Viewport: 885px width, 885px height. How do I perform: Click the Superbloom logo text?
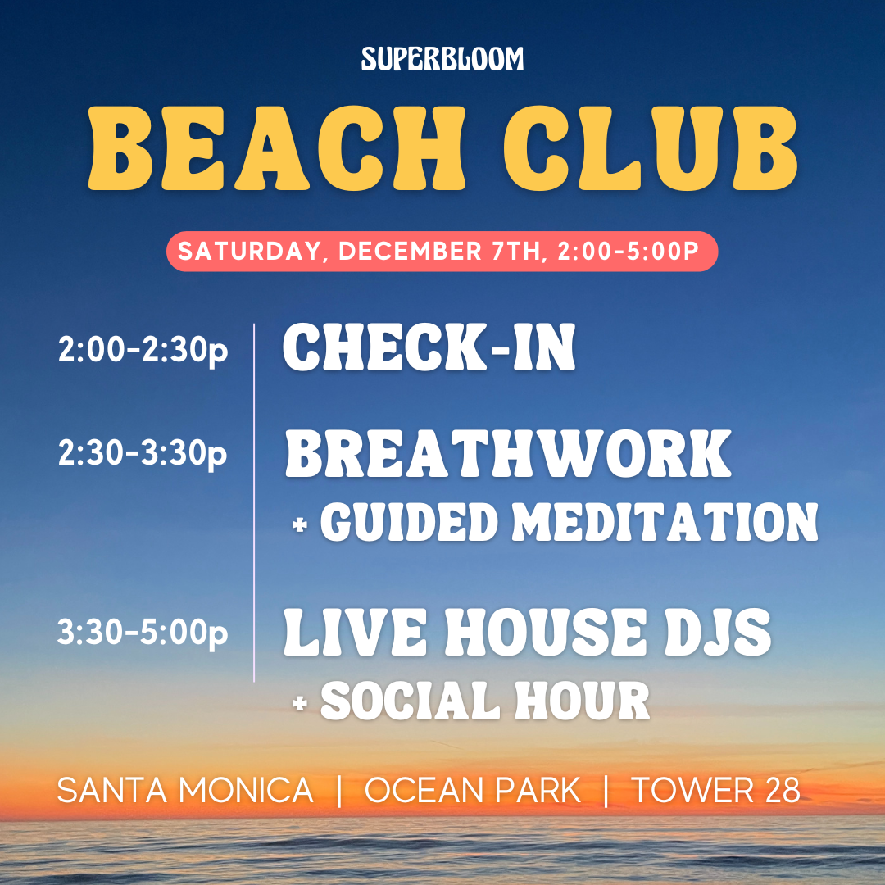pyautogui.click(x=442, y=59)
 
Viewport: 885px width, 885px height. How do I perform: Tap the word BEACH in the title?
pyautogui.click(x=277, y=147)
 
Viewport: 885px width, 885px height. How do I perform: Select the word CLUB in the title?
pyautogui.click(x=651, y=147)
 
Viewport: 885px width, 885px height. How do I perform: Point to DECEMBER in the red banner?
pyautogui.click(x=410, y=252)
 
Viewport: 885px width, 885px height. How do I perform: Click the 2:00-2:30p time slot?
pyautogui.click(x=143, y=350)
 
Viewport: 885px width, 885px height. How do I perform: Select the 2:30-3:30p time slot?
pyautogui.click(x=143, y=453)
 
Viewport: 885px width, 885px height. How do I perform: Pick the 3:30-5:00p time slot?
pyautogui.click(x=143, y=632)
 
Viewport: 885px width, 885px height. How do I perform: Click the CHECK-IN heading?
pyautogui.click(x=429, y=347)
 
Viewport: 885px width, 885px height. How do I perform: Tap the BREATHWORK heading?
pyautogui.click(x=508, y=454)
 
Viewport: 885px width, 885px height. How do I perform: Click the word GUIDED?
pyautogui.click(x=410, y=522)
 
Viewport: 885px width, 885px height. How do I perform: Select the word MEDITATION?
pyautogui.click(x=665, y=522)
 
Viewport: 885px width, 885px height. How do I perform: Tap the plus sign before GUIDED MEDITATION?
pyautogui.click(x=300, y=525)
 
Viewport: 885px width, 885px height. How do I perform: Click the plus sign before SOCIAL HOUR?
pyautogui.click(x=300, y=703)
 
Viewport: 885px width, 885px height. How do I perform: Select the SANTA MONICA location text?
pyautogui.click(x=185, y=790)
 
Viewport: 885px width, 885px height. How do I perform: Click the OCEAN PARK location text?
pyautogui.click(x=473, y=790)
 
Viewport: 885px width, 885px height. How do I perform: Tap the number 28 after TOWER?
pyautogui.click(x=783, y=790)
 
